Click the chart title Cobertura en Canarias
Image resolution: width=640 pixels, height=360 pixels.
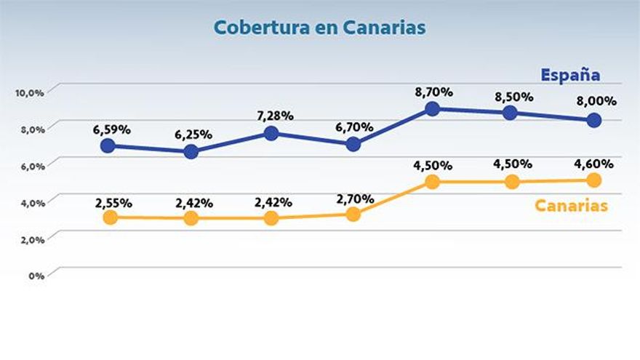(319, 28)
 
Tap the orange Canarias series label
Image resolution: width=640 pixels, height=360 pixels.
(571, 206)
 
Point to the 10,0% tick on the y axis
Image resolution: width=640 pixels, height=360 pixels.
(29, 92)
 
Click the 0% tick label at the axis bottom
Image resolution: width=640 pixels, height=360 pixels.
(35, 276)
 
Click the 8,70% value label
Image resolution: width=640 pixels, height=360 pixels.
(433, 92)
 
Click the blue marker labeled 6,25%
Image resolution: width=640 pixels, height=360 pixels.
(191, 151)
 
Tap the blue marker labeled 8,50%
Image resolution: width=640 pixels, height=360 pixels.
(510, 113)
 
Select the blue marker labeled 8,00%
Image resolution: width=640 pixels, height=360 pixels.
(594, 120)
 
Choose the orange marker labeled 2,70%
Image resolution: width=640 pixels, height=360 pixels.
(353, 214)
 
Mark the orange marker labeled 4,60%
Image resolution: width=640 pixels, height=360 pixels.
(594, 180)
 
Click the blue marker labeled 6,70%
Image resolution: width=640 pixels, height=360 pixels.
(353, 144)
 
